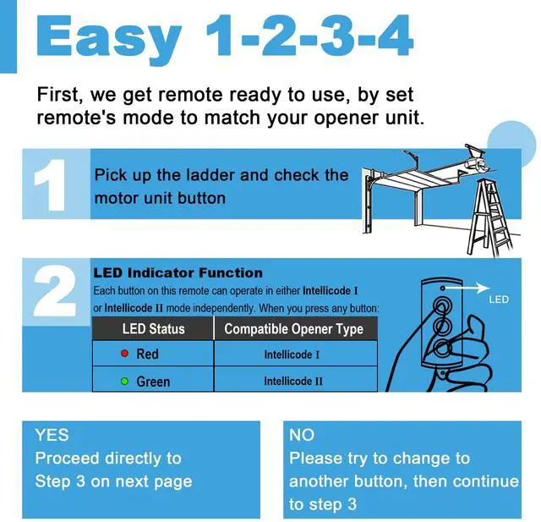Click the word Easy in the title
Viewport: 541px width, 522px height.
pyautogui.click(x=108, y=38)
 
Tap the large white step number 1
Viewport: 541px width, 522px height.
pyautogui.click(x=51, y=185)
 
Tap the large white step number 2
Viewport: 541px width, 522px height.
pyautogui.click(x=55, y=291)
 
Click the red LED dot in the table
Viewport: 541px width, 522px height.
pyautogui.click(x=124, y=353)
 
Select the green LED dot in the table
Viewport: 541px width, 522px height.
pyautogui.click(x=124, y=382)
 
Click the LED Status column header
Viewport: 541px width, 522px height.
pyautogui.click(x=154, y=328)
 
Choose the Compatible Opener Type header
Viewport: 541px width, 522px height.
pyautogui.click(x=293, y=328)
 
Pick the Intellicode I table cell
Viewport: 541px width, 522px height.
pyautogui.click(x=292, y=354)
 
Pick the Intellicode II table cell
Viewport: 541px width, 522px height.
pyautogui.click(x=293, y=382)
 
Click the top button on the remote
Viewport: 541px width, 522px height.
pyautogui.click(x=443, y=305)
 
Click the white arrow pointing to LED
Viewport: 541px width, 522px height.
pyautogui.click(x=466, y=288)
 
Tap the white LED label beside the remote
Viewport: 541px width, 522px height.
pyautogui.click(x=499, y=299)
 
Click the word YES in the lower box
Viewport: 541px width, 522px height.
pyautogui.click(x=52, y=435)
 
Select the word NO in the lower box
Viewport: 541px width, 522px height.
pyautogui.click(x=302, y=435)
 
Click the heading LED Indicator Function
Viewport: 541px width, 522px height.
pyautogui.click(x=178, y=273)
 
